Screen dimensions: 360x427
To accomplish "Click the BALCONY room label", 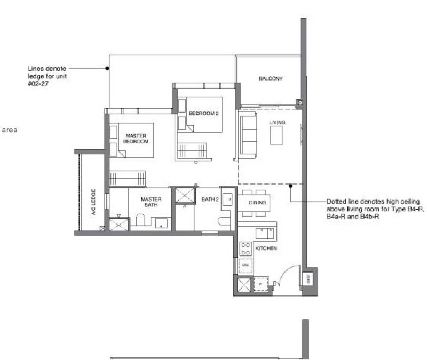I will pyautogui.click(x=271, y=79).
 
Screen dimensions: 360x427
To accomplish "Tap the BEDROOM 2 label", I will pyautogui.click(x=204, y=113).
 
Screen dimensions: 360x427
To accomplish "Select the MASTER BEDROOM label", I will pyautogui.click(x=136, y=139).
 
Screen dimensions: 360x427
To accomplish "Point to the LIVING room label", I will pyautogui.click(x=277, y=123).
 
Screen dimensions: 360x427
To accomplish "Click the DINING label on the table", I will pyautogui.click(x=254, y=203).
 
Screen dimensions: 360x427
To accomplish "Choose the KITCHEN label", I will pyautogui.click(x=265, y=249).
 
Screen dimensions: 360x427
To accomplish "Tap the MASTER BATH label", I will pyautogui.click(x=151, y=203).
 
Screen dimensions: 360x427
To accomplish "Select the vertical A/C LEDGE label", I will pyautogui.click(x=93, y=200).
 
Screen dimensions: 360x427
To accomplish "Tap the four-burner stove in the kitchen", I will pyautogui.click(x=246, y=248).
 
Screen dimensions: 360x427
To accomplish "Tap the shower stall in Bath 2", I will pyautogui.click(x=185, y=196).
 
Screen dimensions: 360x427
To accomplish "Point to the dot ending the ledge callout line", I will pyautogui.click(x=107, y=68).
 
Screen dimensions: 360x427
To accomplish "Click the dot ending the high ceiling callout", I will pyautogui.click(x=290, y=186).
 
